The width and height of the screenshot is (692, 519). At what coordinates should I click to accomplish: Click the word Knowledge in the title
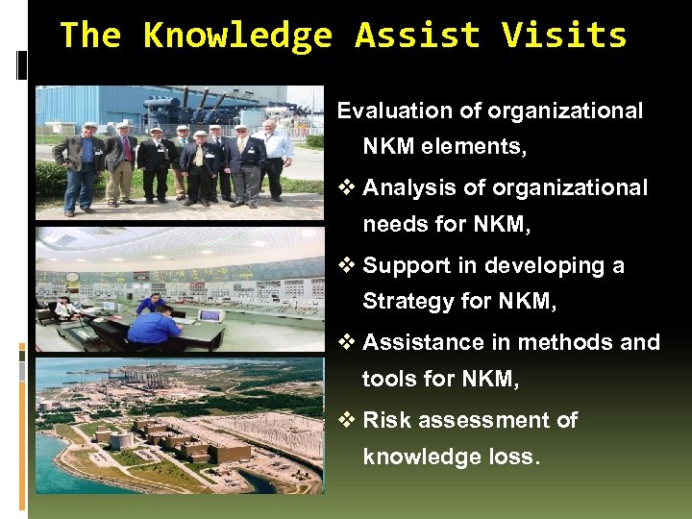tap(237, 37)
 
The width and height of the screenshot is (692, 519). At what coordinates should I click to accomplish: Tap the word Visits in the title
tap(564, 37)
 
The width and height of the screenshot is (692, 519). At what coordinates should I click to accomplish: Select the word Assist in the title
tap(417, 37)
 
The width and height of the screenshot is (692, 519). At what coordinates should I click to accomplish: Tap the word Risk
tap(384, 420)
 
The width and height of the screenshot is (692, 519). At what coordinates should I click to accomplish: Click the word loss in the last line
tap(515, 457)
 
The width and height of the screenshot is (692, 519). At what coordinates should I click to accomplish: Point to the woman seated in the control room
tap(64, 309)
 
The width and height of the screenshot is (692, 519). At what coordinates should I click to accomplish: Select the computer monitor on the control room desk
tap(210, 314)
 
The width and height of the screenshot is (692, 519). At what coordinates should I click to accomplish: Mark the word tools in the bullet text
tap(389, 381)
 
